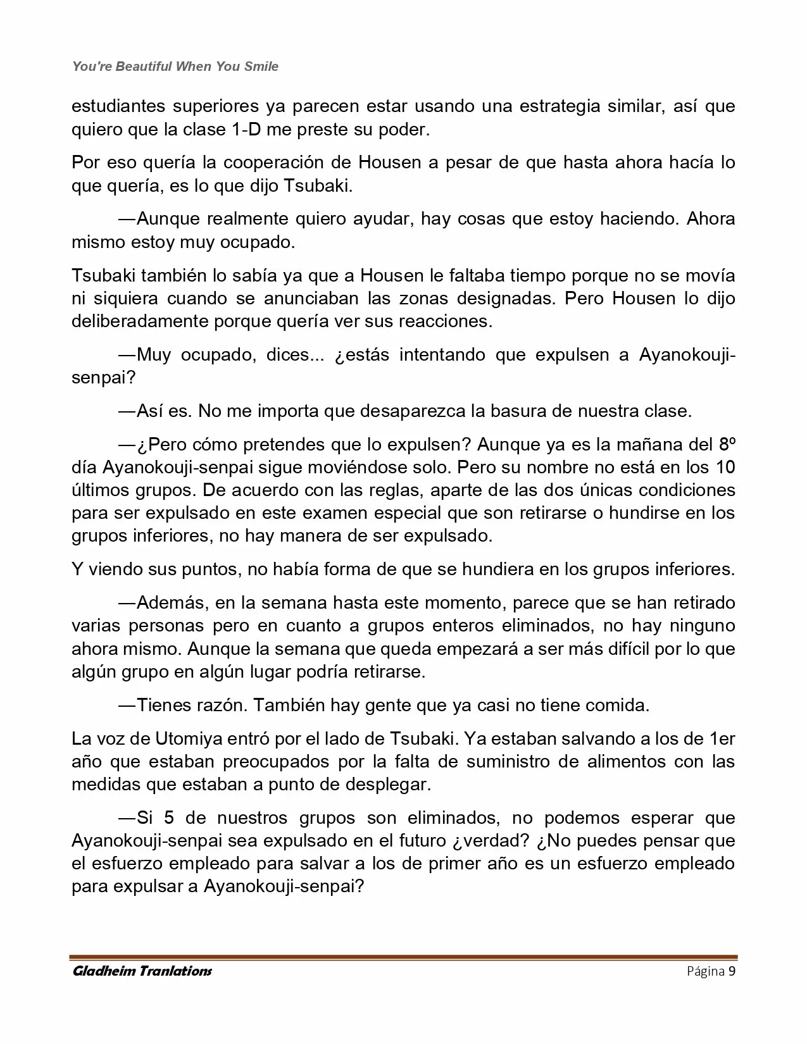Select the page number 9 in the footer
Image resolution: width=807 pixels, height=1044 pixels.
(732, 971)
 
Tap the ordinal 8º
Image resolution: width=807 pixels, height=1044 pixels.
(727, 444)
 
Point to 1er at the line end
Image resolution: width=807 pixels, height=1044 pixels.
(723, 738)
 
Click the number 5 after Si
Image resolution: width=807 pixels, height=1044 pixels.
(169, 817)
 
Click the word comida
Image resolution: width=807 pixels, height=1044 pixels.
(620, 705)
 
